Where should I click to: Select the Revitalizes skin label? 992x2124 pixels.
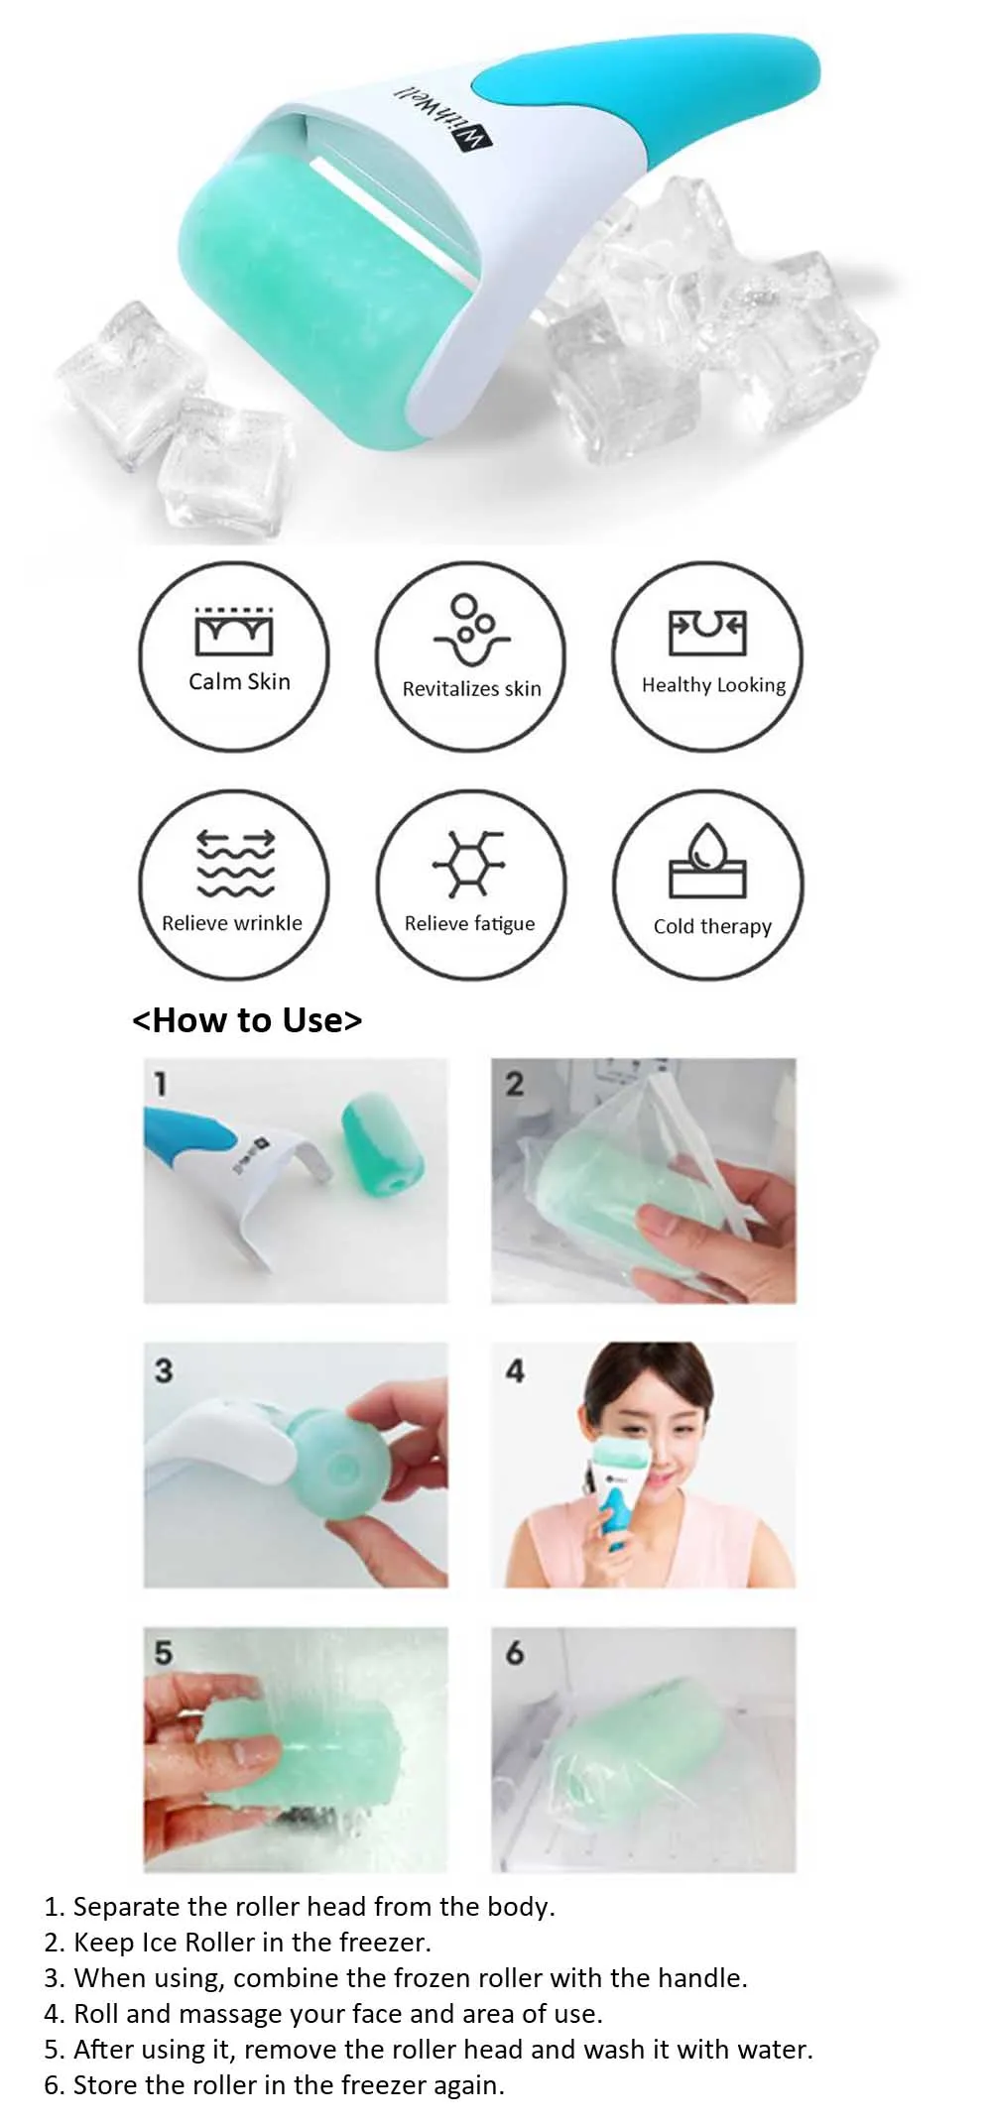point(472,688)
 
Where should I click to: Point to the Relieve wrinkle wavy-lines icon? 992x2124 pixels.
point(235,863)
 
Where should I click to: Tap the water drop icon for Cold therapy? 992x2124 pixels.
point(707,860)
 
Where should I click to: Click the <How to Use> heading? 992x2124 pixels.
point(247,1019)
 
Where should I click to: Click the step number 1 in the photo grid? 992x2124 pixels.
point(160,1084)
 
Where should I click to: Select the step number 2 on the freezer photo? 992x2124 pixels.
point(514,1084)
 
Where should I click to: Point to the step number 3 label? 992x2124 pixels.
point(164,1370)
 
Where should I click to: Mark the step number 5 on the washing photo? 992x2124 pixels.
point(164,1653)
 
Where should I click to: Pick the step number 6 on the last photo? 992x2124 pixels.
point(514,1653)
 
